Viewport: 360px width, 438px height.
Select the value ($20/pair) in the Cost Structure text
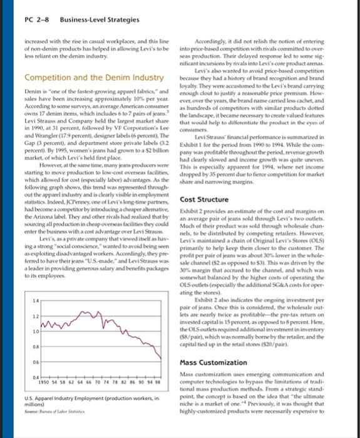pyautogui.click(x=324, y=344)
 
